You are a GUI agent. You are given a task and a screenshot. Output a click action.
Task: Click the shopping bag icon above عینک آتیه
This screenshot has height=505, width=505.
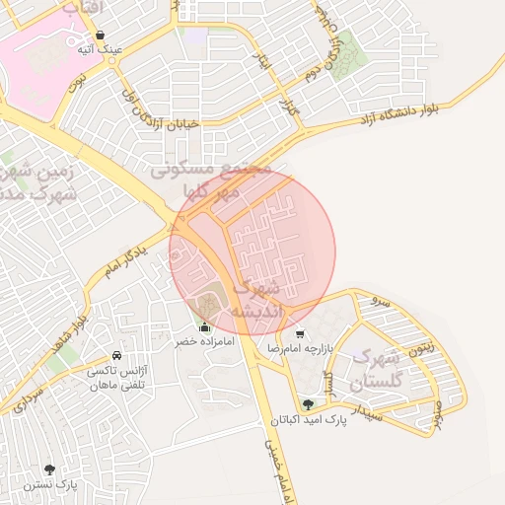point(101,35)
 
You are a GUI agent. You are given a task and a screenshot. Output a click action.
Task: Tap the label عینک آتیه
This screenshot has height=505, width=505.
point(101,48)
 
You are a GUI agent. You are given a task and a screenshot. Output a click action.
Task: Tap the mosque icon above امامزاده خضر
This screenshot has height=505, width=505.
point(205,326)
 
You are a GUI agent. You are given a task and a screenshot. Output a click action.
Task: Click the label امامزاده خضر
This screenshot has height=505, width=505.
point(204,341)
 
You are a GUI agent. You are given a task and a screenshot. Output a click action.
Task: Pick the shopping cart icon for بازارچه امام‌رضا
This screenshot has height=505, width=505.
point(300,333)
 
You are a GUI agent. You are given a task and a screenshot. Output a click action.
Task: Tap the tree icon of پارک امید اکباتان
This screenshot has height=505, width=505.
point(309,404)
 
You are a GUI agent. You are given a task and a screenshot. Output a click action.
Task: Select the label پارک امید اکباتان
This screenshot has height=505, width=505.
point(310,420)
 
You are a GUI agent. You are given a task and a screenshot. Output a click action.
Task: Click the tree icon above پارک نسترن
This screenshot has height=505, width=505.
point(50,469)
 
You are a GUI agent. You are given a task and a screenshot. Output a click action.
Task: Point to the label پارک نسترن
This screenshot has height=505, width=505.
point(52,484)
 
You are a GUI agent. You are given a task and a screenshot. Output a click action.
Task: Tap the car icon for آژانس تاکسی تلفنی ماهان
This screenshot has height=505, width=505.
point(117,355)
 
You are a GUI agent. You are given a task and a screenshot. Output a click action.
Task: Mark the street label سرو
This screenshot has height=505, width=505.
point(382,300)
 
